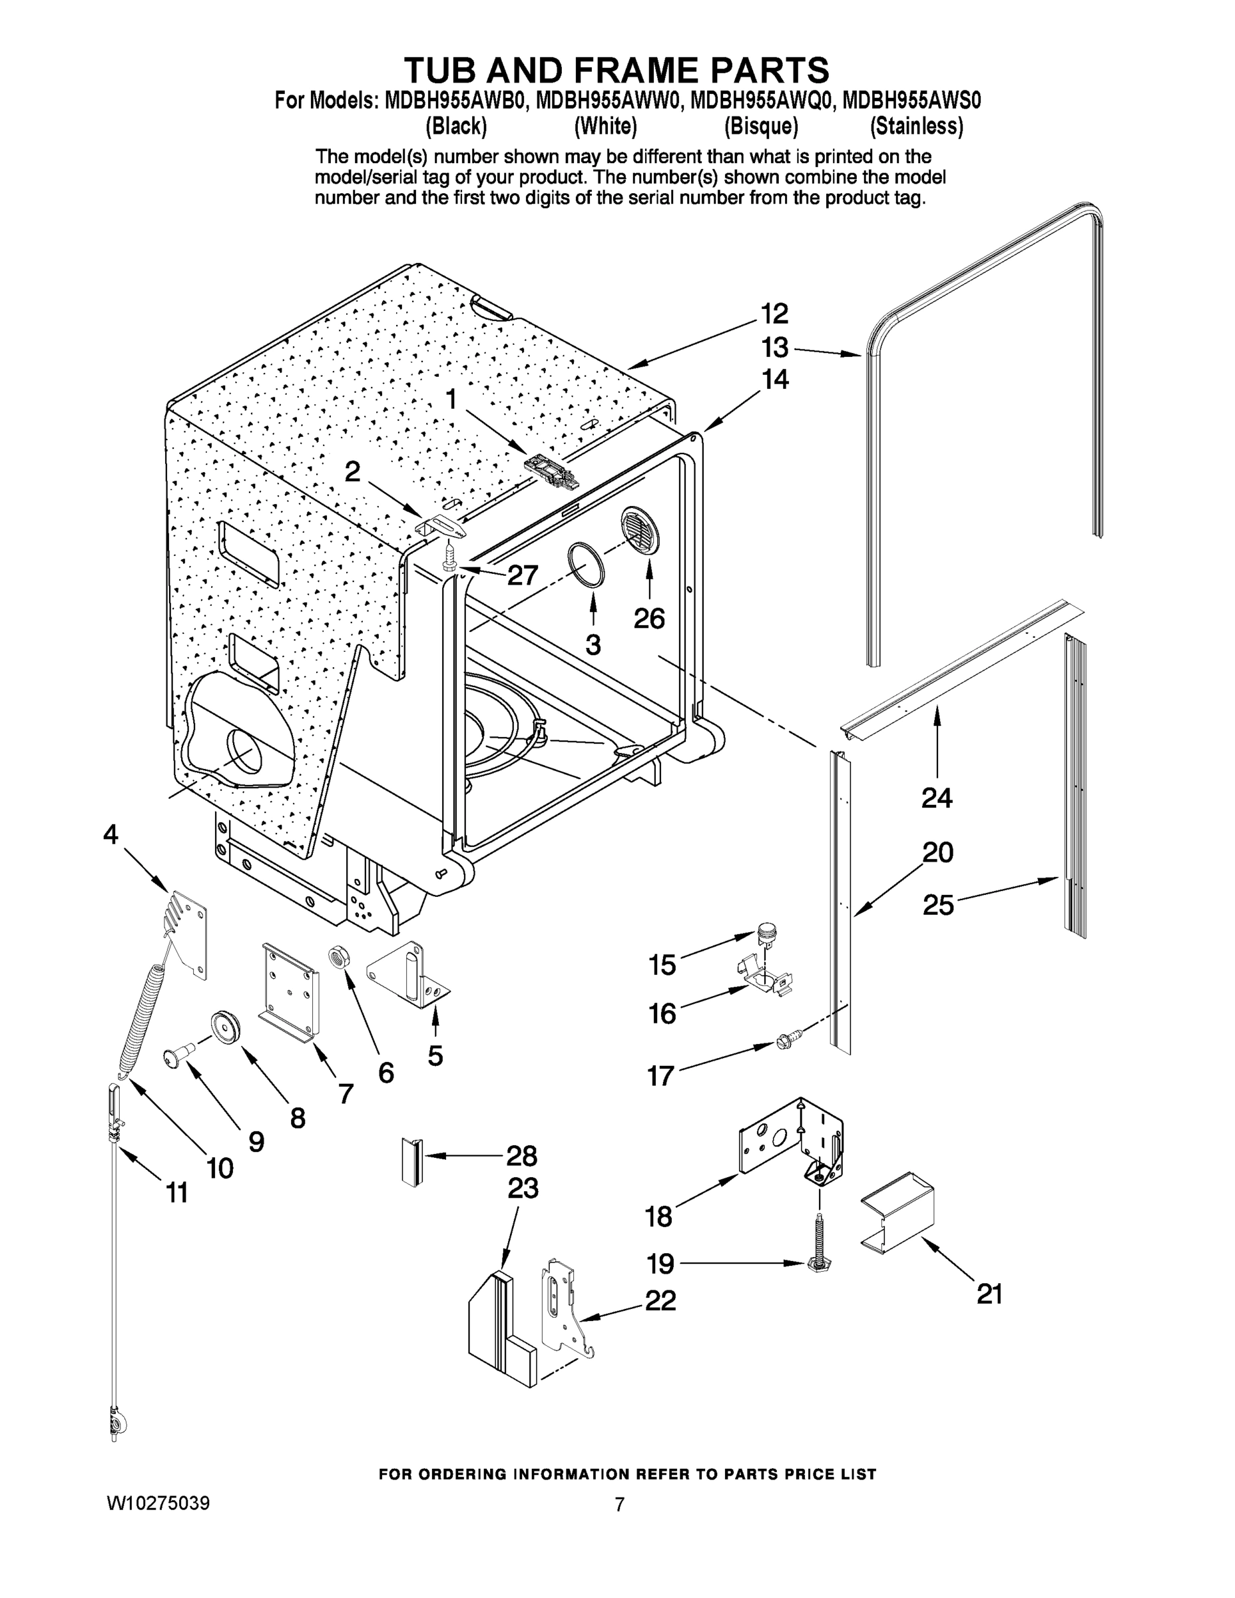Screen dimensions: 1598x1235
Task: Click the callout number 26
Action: pyautogui.click(x=649, y=619)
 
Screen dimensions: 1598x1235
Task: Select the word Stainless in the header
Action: pyautogui.click(x=916, y=127)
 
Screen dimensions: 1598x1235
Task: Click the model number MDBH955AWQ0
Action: pyautogui.click(x=762, y=101)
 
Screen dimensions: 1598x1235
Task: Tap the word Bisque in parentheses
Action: pyautogui.click(x=761, y=127)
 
